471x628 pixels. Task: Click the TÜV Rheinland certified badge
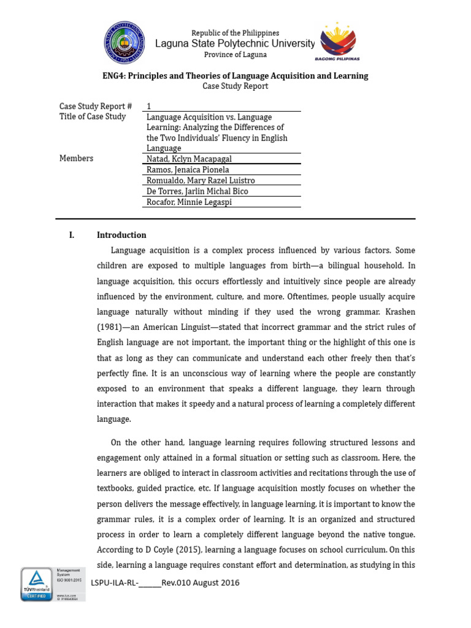(x=36, y=584)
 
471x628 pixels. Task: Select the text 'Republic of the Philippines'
(x=235, y=33)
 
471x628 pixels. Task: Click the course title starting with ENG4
(x=235, y=76)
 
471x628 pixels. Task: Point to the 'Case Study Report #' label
(x=96, y=106)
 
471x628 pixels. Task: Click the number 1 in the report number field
(x=149, y=106)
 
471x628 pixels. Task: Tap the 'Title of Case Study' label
(x=93, y=117)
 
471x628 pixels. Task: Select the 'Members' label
(x=77, y=158)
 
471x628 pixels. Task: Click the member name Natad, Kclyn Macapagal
(x=189, y=159)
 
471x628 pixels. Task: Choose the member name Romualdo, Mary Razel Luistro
(x=201, y=180)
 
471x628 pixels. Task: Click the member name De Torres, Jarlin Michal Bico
(x=197, y=191)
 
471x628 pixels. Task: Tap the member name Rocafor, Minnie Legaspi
(x=189, y=202)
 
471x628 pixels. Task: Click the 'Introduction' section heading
(x=121, y=235)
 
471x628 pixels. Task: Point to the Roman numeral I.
(x=72, y=235)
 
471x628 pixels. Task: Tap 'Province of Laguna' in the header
(x=235, y=55)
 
